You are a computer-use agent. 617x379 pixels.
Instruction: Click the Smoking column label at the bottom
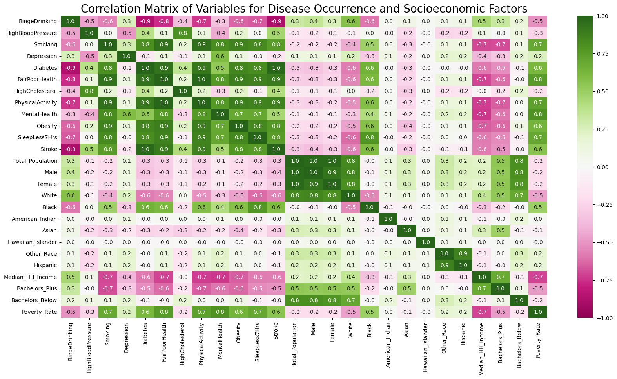pos(108,334)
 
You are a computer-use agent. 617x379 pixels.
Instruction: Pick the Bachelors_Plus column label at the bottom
pos(500,339)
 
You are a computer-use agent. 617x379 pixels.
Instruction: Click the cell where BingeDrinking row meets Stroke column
pos(276,22)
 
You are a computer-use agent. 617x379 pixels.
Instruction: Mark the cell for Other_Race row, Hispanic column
pos(463,254)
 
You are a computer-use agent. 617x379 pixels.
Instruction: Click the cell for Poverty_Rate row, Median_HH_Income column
pos(481,312)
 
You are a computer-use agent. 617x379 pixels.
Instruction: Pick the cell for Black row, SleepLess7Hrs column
pos(257,208)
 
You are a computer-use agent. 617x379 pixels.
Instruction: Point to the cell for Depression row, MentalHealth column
pos(220,56)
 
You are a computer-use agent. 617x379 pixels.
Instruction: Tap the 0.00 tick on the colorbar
pos(603,167)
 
